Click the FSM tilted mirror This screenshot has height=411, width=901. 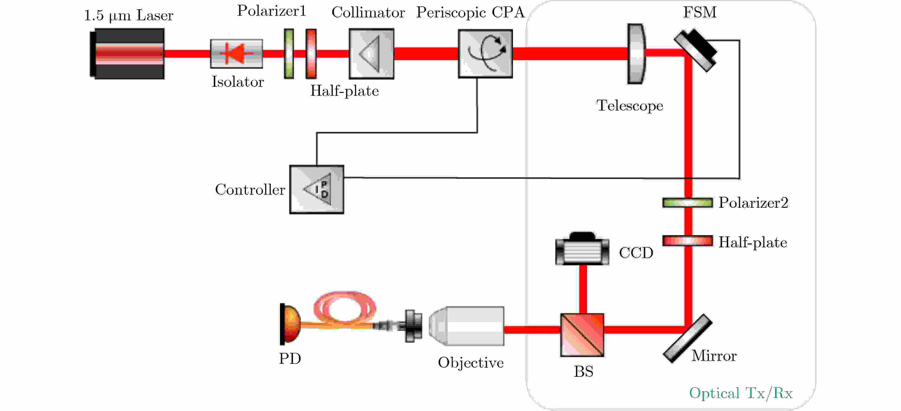[695, 51]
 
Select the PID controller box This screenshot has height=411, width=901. [317, 189]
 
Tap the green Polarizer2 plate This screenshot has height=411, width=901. [687, 203]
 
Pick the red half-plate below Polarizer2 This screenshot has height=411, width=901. [687, 241]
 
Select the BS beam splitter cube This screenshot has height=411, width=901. [582, 335]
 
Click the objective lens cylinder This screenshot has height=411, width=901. [467, 326]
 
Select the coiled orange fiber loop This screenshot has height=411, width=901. [344, 308]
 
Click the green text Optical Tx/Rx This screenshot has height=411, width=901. [740, 393]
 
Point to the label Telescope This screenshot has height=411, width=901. [630, 106]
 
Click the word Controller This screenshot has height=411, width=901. [250, 189]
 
